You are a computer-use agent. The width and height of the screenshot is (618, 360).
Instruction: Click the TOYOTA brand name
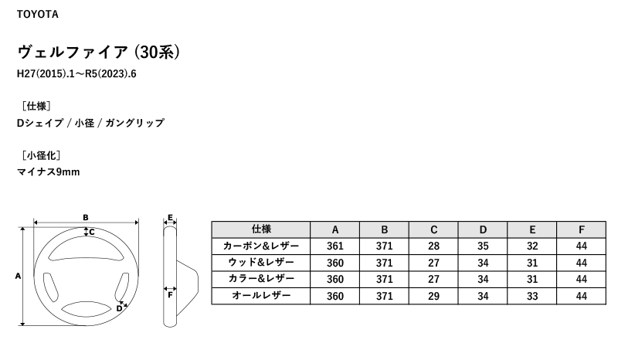pyautogui.click(x=37, y=15)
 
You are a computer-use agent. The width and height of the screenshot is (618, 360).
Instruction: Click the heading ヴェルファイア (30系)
pyautogui.click(x=99, y=52)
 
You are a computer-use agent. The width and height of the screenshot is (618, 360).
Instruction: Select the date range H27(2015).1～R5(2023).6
pyautogui.click(x=76, y=74)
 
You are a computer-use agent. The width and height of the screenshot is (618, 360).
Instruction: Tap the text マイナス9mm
pyautogui.click(x=48, y=172)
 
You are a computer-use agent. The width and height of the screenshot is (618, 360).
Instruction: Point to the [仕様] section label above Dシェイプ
pyautogui.click(x=36, y=106)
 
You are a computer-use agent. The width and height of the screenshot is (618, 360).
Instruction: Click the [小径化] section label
pyautogui.click(x=41, y=155)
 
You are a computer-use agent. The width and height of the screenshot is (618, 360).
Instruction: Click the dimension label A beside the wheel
pyautogui.click(x=18, y=276)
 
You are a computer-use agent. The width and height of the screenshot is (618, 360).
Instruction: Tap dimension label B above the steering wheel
pyautogui.click(x=86, y=217)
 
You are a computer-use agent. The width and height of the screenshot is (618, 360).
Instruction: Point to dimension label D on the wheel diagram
pyautogui.click(x=119, y=309)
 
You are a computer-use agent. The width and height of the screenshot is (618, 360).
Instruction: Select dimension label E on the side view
pyautogui.click(x=170, y=218)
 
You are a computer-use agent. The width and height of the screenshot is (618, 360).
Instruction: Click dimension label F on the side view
pyautogui.click(x=170, y=295)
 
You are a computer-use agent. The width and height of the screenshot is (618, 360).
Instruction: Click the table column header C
pyautogui.click(x=433, y=229)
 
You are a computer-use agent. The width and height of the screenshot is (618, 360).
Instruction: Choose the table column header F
pyautogui.click(x=582, y=229)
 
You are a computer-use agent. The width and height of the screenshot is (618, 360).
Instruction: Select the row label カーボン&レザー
pyautogui.click(x=261, y=246)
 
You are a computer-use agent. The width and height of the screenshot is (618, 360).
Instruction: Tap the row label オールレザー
pyautogui.click(x=261, y=296)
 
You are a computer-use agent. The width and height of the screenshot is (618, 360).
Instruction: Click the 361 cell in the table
pyautogui.click(x=335, y=246)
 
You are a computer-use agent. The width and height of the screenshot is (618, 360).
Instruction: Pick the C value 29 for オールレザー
pyautogui.click(x=433, y=296)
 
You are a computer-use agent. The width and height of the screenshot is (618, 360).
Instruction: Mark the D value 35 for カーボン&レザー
pyautogui.click(x=483, y=246)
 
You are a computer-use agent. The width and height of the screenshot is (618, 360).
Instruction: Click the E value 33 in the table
pyautogui.click(x=532, y=296)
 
